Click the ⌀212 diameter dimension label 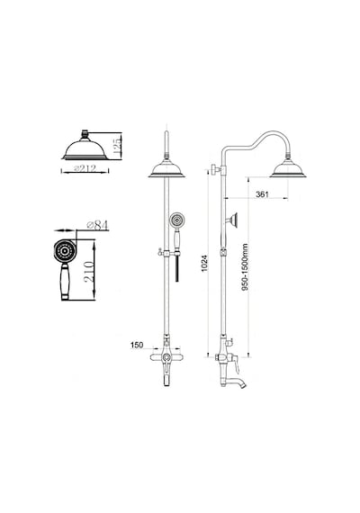click(85, 168)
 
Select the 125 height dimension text click(117, 146)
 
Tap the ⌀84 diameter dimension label click(97, 225)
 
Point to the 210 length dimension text click(89, 272)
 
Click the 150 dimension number click(137, 345)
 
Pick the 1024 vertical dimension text click(204, 264)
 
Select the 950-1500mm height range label click(245, 267)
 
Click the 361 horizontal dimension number click(262, 194)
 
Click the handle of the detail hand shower click(65, 282)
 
